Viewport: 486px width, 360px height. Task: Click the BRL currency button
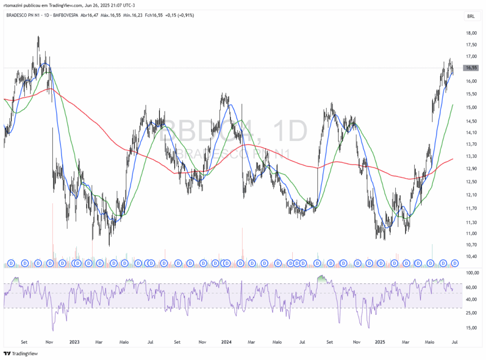471,16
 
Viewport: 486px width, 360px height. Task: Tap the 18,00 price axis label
471,33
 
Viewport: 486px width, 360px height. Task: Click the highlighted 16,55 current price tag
471,68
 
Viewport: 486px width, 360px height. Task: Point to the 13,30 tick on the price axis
471,157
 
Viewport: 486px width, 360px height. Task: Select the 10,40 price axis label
471,256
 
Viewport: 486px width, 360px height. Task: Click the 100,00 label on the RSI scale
472,274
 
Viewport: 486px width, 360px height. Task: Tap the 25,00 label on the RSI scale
471,313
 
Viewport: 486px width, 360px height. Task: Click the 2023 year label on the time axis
74,341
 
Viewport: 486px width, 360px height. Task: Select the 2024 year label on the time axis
226,341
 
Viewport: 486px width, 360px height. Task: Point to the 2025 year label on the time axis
379,341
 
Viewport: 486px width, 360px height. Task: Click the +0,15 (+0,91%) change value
180,15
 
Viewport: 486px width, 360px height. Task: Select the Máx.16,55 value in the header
110,15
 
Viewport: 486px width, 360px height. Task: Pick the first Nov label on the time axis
49,341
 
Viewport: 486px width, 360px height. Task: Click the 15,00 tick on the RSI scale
471,328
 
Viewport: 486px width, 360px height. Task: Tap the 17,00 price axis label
471,57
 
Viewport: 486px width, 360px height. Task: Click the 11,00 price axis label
471,234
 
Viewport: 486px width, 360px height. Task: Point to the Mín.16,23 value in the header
133,15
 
